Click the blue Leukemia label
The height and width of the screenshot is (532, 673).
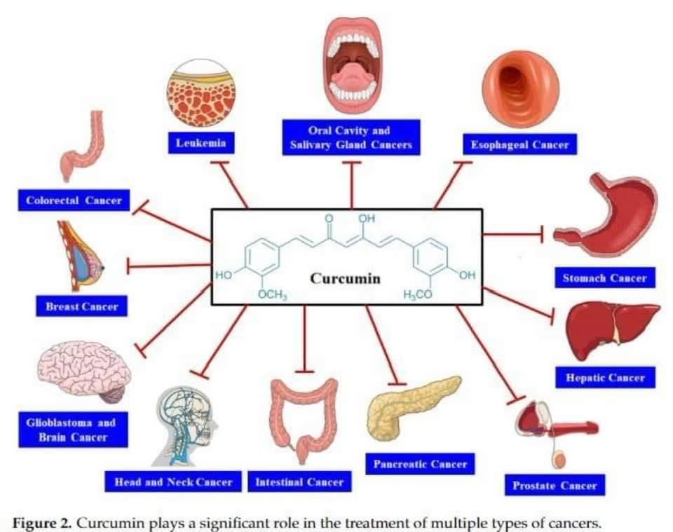pyautogui.click(x=201, y=143)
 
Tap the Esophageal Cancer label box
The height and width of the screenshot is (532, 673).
pyautogui.click(x=519, y=144)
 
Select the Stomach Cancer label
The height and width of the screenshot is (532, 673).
pyautogui.click(x=604, y=278)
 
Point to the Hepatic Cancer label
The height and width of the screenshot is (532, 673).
pyautogui.click(x=605, y=377)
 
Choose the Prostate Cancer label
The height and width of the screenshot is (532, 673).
pyautogui.click(x=555, y=484)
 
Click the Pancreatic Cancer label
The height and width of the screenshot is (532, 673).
pyautogui.click(x=420, y=463)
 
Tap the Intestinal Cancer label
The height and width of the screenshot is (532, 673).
pyautogui.click(x=299, y=482)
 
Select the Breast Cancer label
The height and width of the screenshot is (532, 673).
pyautogui.click(x=82, y=306)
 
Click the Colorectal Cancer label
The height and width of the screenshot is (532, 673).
pyautogui.click(x=74, y=200)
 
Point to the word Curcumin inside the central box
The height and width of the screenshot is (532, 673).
pyautogui.click(x=345, y=278)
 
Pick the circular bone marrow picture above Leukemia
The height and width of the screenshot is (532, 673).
pyautogui.click(x=201, y=93)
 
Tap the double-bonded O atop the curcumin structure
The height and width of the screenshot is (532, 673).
pyautogui.click(x=329, y=219)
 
